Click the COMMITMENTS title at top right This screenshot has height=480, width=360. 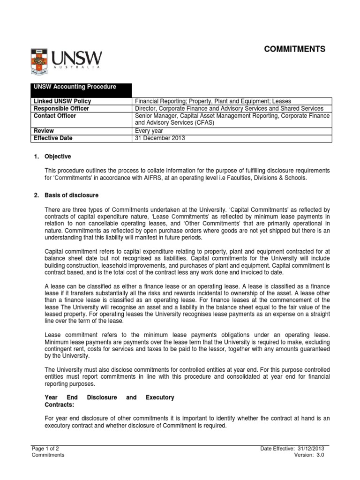pyautogui.click(x=295, y=49)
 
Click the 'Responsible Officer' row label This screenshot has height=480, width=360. pyautogui.click(x=60, y=108)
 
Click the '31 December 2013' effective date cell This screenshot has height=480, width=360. pyautogui.click(x=160, y=138)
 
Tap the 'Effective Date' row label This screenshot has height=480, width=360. pyautogui.click(x=53, y=138)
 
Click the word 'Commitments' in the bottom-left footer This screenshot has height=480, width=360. pyautogui.click(x=48, y=455)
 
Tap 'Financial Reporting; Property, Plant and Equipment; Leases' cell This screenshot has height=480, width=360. pyautogui.click(x=213, y=101)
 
